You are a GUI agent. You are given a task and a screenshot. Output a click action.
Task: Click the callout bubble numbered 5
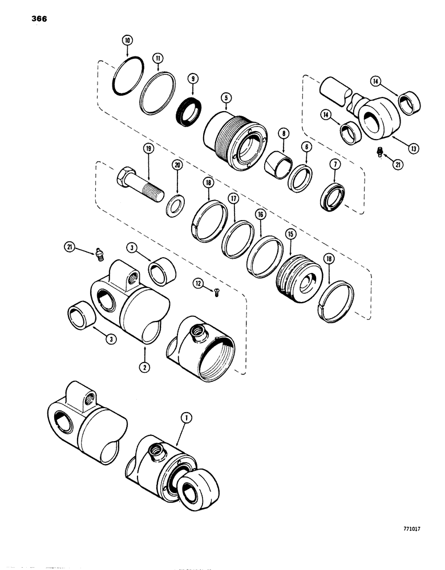(226, 97)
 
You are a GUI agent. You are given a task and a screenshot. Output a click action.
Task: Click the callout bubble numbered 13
(412, 148)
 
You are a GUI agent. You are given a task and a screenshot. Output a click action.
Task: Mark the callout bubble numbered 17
(233, 199)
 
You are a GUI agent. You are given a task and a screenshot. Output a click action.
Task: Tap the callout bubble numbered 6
(306, 146)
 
